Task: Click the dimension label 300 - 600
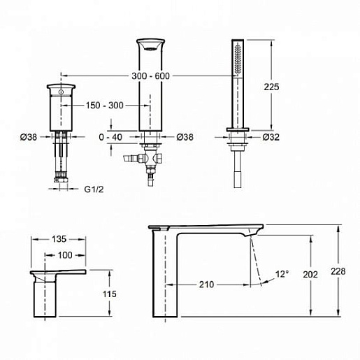click(150, 76)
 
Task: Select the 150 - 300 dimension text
click(105, 106)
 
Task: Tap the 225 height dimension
click(271, 87)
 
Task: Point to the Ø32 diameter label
click(271, 137)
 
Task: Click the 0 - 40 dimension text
click(110, 137)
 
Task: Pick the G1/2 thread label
click(94, 189)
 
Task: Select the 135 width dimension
click(59, 239)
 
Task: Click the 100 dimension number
click(65, 255)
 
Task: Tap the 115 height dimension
click(110, 294)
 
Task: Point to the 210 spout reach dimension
click(206, 285)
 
